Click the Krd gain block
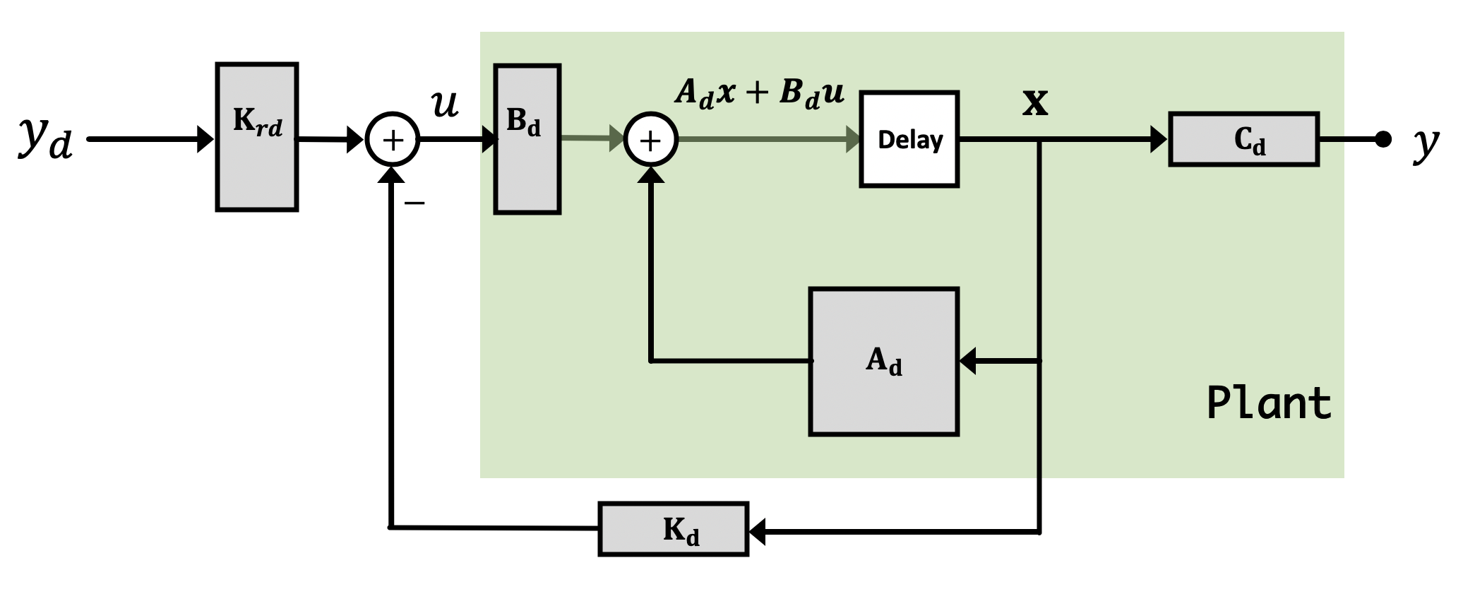click(x=257, y=137)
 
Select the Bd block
click(x=527, y=139)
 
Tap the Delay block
click(x=909, y=139)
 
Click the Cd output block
click(x=1243, y=139)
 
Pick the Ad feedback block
click(x=883, y=361)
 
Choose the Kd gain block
click(x=673, y=529)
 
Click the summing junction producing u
click(x=393, y=139)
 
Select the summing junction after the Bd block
click(x=650, y=140)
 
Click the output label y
click(x=1426, y=143)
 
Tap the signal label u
click(x=445, y=105)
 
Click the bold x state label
click(x=1035, y=104)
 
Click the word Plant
click(x=1269, y=403)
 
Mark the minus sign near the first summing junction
click(x=414, y=203)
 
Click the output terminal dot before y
click(x=1383, y=139)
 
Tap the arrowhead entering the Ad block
click(x=967, y=361)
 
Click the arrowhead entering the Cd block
click(x=1159, y=139)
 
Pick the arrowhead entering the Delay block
click(x=852, y=140)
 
